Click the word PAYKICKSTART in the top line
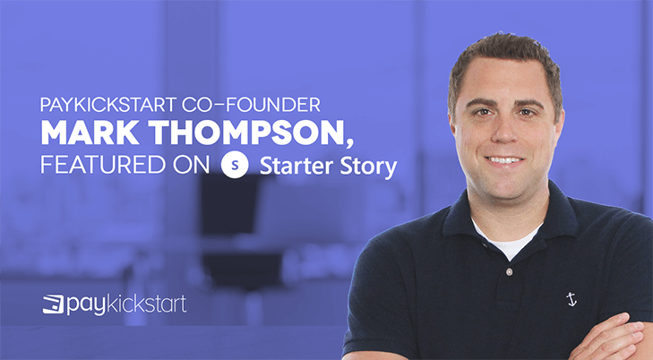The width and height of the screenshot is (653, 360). point(108,105)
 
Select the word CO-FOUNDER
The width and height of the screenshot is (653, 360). point(252,105)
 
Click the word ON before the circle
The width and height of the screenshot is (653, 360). point(191,165)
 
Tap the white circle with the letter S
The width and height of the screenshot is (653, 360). point(235,165)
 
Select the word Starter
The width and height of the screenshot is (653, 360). point(296,166)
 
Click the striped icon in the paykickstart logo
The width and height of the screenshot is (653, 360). point(54,304)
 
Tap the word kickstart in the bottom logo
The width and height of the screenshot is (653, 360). point(147,304)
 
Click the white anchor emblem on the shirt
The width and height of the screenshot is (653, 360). point(571,299)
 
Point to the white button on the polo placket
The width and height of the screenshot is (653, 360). point(509,272)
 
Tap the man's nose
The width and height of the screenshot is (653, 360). point(504,133)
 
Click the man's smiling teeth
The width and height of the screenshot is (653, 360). point(504,159)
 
